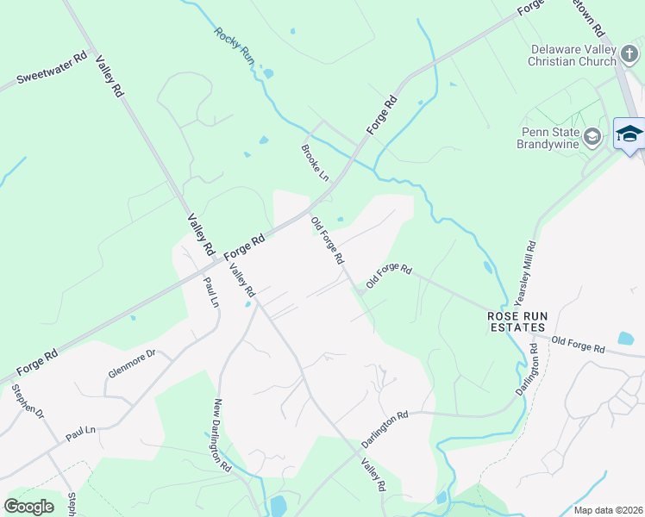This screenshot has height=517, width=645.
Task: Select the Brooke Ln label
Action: coord(315,162)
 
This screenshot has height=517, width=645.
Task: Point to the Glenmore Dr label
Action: coord(131,364)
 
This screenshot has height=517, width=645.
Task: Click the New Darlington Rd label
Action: coord(222,434)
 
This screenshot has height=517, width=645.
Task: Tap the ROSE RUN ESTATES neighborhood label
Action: coord(517,321)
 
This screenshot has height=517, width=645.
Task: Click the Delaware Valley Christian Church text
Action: coord(573,55)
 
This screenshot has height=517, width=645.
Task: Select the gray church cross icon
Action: coord(629,55)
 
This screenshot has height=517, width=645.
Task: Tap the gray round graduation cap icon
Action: coord(592,136)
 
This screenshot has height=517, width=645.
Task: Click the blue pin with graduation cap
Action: coord(629,134)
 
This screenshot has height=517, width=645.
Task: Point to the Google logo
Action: coord(28,506)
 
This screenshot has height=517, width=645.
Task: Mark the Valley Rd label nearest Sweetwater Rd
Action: coord(109,76)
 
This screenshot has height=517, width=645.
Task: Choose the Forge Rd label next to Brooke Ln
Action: coord(381,114)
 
